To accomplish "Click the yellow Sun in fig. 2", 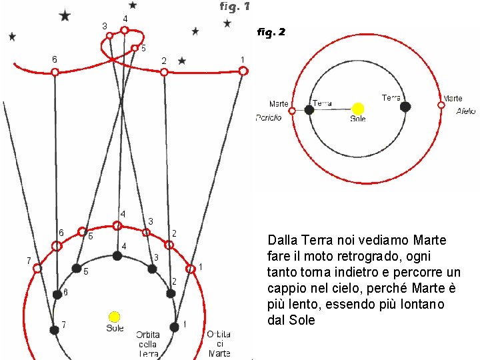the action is (358, 109).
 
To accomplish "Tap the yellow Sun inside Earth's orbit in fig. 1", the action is (115, 316).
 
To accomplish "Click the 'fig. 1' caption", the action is (235, 7).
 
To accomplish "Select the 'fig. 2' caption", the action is (271, 31).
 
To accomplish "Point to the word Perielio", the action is (269, 118).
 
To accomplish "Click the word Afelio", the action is (466, 111).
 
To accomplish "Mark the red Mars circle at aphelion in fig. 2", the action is (441, 105).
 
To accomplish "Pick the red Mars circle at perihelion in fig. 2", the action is (292, 111).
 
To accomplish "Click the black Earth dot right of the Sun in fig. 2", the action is (405, 107).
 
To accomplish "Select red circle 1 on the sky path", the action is (243, 70).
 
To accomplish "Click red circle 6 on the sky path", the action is (55, 71).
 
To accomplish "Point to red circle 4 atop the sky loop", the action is (124, 30).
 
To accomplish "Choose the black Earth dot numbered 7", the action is (54, 329).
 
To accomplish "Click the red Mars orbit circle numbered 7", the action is (37, 269).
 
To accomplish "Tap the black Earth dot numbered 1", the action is (174, 327).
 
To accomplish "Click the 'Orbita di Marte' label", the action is (218, 343).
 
